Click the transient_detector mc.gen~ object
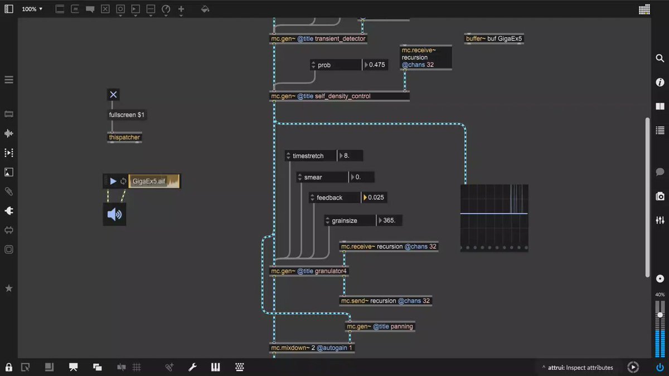tap(318, 38)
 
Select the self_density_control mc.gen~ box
tap(340, 96)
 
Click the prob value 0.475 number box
tap(375, 65)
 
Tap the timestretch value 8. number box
tap(350, 155)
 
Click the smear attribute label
tap(313, 177)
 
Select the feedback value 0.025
tap(374, 198)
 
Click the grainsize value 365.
tap(389, 221)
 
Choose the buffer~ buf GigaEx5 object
tap(494, 39)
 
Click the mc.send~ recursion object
tap(386, 301)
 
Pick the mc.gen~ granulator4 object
tap(309, 271)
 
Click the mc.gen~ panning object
tap(380, 326)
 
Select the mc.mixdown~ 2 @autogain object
tap(312, 348)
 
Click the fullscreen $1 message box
tap(127, 115)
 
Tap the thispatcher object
tap(124, 138)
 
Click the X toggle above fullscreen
tap(113, 95)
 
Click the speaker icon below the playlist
tap(114, 214)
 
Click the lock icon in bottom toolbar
tap(9, 367)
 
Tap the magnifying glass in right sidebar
tap(660, 58)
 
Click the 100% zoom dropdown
tap(32, 9)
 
